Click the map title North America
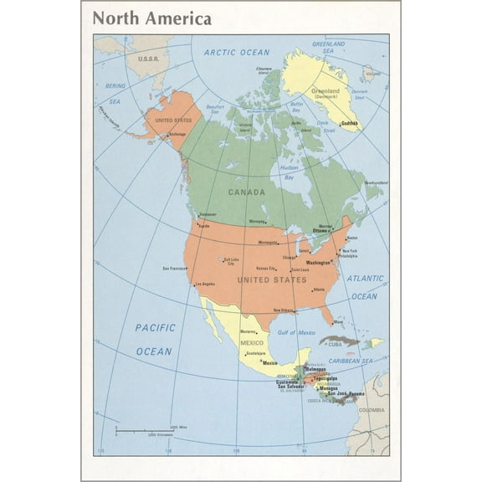pos(151,18)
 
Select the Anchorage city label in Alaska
pos(177,133)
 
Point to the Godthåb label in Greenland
pos(348,123)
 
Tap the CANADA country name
pos(247,192)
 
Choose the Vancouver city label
pos(207,214)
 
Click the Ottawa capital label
pos(321,230)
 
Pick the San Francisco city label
pos(174,269)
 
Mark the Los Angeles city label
pos(205,284)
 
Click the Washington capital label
pos(325,262)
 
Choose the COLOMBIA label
pos(372,410)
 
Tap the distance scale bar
pos(142,430)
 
